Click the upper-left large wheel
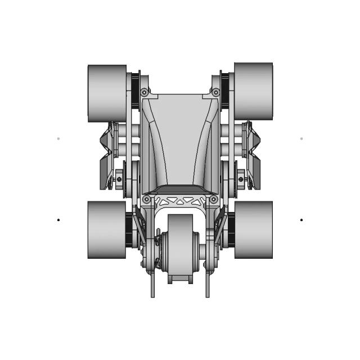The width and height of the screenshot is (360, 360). [x=107, y=93]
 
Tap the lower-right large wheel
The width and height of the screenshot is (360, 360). [x=253, y=230]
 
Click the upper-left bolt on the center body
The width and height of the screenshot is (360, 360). [x=145, y=92]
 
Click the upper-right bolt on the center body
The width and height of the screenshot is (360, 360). [x=215, y=92]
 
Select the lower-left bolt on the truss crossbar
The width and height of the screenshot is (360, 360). [x=147, y=200]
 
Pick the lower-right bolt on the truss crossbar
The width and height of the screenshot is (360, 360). [x=214, y=200]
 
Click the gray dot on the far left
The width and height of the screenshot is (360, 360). [x=58, y=138]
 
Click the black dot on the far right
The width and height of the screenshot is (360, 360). [x=301, y=220]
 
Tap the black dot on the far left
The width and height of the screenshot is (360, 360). [x=58, y=220]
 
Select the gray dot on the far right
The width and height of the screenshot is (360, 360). [x=301, y=138]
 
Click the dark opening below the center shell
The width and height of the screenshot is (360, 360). [x=180, y=189]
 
